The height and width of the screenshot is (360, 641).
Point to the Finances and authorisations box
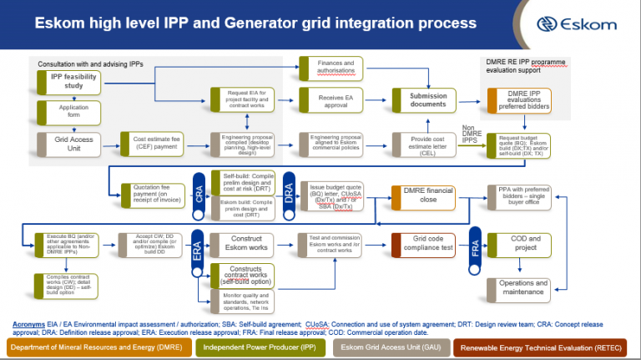tap(336, 68)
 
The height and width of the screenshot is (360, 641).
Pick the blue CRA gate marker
tap(199, 194)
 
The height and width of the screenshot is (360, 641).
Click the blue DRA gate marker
tap(288, 194)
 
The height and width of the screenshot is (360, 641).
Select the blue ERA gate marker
tap(199, 247)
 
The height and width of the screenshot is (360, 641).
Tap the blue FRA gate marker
tap(476, 247)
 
